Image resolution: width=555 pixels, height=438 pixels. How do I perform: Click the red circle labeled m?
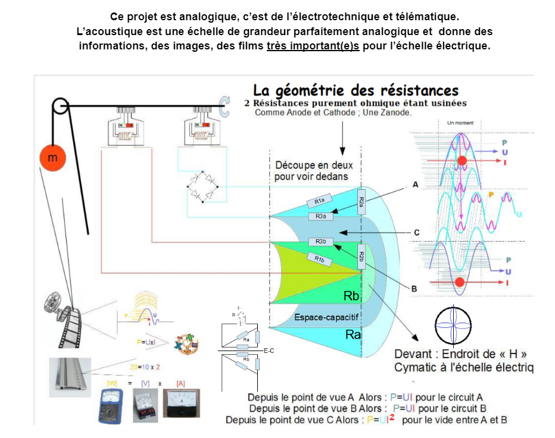tap(52, 158)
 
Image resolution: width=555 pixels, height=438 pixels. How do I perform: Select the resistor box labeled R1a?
tap(319, 202)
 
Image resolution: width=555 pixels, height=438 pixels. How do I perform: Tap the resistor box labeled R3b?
tap(321, 241)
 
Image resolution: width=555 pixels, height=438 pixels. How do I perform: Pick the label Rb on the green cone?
tap(351, 296)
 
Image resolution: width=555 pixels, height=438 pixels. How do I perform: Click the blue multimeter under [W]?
tap(111, 405)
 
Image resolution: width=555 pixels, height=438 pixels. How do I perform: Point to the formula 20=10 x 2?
tap(145, 367)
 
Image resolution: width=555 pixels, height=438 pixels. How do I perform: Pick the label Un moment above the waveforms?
tap(460, 123)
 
